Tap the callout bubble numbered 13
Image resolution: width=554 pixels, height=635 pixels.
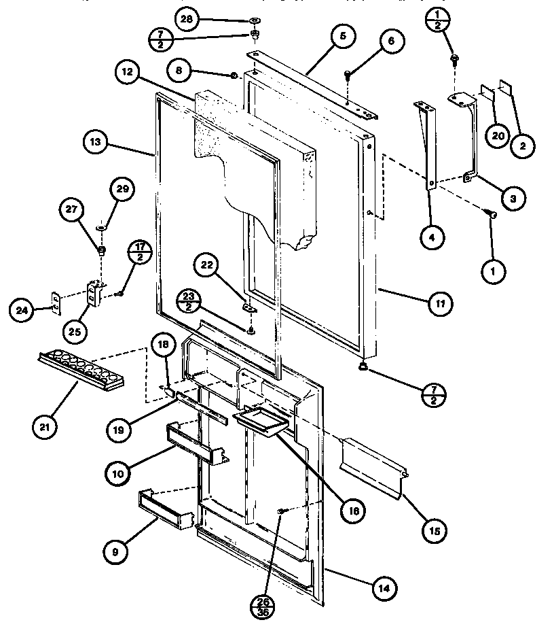tap(95, 142)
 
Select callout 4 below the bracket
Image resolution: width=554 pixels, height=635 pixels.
tap(432, 237)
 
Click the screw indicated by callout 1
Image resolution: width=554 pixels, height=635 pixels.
tap(492, 215)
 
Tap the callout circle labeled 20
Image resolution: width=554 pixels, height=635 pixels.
tap(498, 135)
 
